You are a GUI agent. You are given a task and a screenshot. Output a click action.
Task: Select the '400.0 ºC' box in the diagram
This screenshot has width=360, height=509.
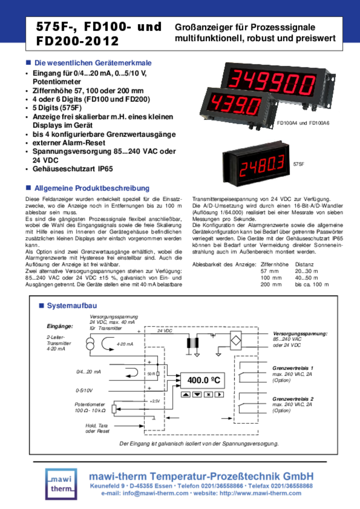click(204, 380)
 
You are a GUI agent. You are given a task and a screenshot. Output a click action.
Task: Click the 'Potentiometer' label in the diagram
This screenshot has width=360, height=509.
click(90, 405)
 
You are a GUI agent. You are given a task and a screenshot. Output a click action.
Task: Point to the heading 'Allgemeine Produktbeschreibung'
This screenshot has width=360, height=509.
click(92, 189)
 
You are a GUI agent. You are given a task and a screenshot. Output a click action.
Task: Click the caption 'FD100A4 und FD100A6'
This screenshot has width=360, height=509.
click(303, 123)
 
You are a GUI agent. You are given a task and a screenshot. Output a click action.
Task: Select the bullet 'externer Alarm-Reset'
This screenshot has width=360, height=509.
click(68, 142)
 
